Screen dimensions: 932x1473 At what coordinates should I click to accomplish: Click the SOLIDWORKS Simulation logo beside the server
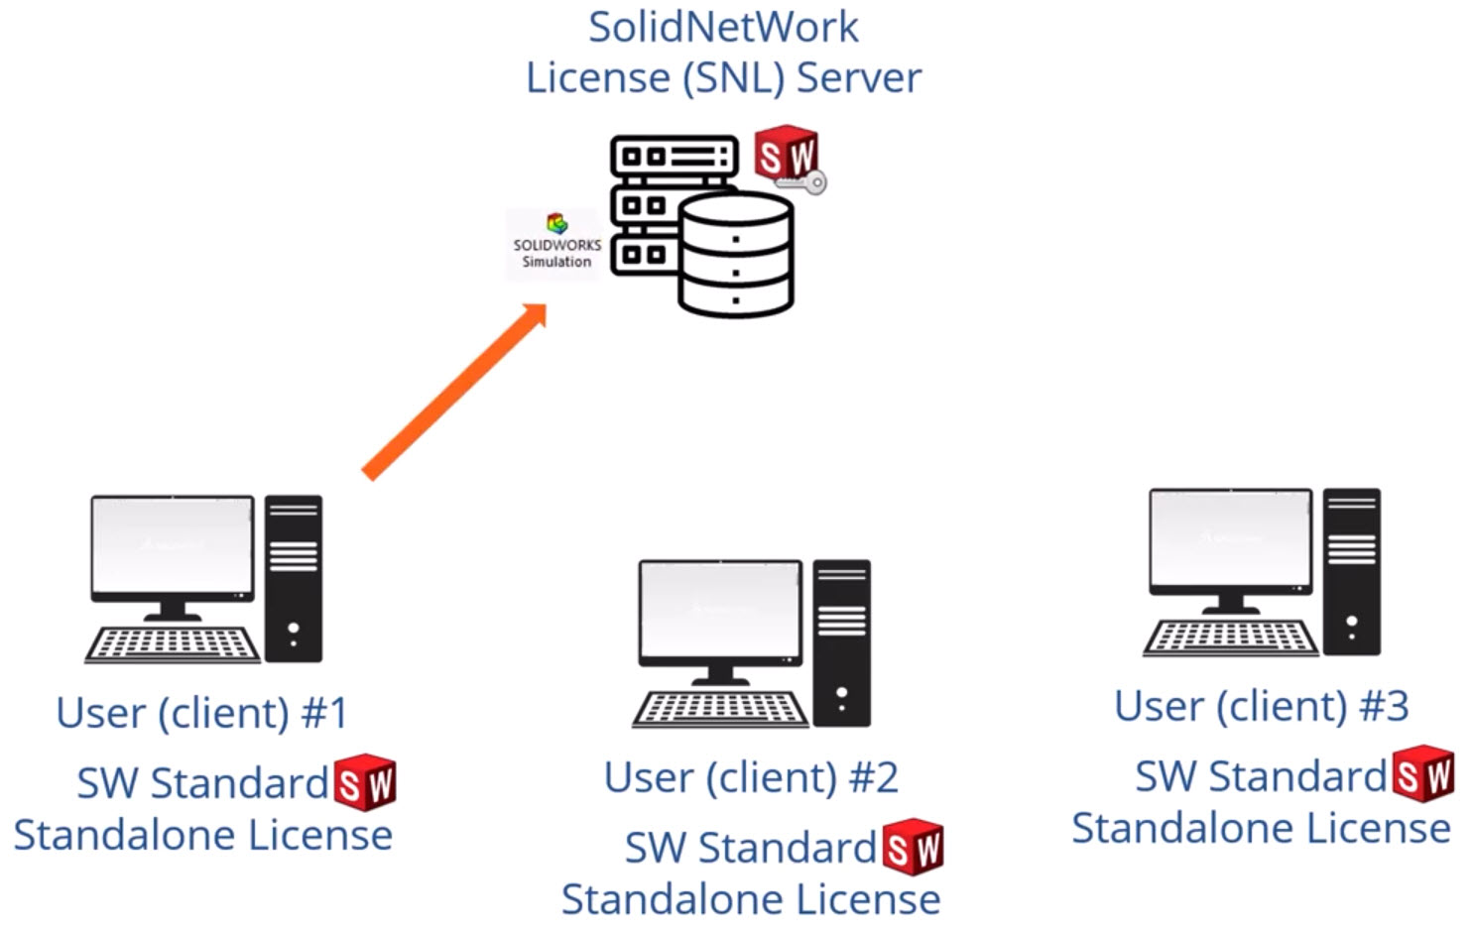click(x=555, y=243)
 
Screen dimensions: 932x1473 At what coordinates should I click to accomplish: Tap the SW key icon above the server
click(x=789, y=159)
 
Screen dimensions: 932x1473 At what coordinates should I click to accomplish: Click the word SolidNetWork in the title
click(x=723, y=27)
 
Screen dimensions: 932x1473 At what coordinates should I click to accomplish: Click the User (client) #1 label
click(x=201, y=713)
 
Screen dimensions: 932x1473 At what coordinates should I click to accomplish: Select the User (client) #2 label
click(x=751, y=777)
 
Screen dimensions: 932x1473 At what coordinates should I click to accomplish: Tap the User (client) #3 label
click(x=1261, y=706)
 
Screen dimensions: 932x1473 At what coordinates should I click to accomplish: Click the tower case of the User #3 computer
click(x=1351, y=571)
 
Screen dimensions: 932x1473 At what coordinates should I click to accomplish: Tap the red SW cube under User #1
click(x=365, y=783)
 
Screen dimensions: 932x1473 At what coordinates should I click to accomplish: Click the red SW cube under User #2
click(x=914, y=848)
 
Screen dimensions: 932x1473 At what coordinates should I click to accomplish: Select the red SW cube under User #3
click(x=1423, y=775)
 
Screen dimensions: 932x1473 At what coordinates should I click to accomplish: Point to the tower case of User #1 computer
click(x=294, y=578)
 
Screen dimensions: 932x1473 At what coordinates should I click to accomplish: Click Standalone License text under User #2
click(x=751, y=899)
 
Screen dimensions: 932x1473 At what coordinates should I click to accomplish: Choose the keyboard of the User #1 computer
click(x=172, y=644)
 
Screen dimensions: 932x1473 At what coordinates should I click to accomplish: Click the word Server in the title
click(x=859, y=78)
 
